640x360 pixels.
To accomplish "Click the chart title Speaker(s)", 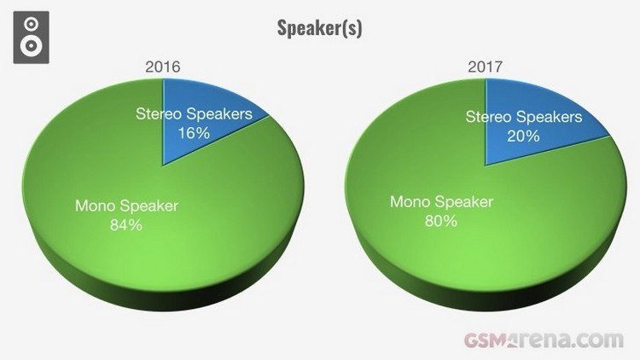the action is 320,28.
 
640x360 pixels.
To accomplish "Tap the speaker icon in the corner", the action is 31,38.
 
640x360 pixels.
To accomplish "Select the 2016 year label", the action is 163,67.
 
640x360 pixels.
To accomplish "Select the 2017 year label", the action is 486,67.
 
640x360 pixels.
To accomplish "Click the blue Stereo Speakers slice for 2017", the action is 527,123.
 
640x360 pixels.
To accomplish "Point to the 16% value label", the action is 194,133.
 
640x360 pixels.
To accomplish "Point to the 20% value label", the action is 523,136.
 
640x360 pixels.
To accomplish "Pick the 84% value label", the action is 126,225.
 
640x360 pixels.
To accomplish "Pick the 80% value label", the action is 441,221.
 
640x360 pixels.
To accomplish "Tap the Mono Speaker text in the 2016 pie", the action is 126,206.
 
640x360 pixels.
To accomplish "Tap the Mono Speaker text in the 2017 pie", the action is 442,202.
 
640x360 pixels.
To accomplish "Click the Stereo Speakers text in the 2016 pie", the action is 195,113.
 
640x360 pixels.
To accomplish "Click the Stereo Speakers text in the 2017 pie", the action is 524,117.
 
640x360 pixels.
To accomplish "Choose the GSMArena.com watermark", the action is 544,340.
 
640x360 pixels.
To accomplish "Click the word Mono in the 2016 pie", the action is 94,206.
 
